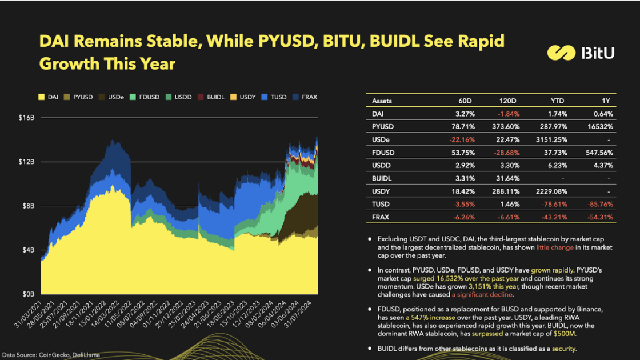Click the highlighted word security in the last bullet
pyautogui.click(x=562, y=349)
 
